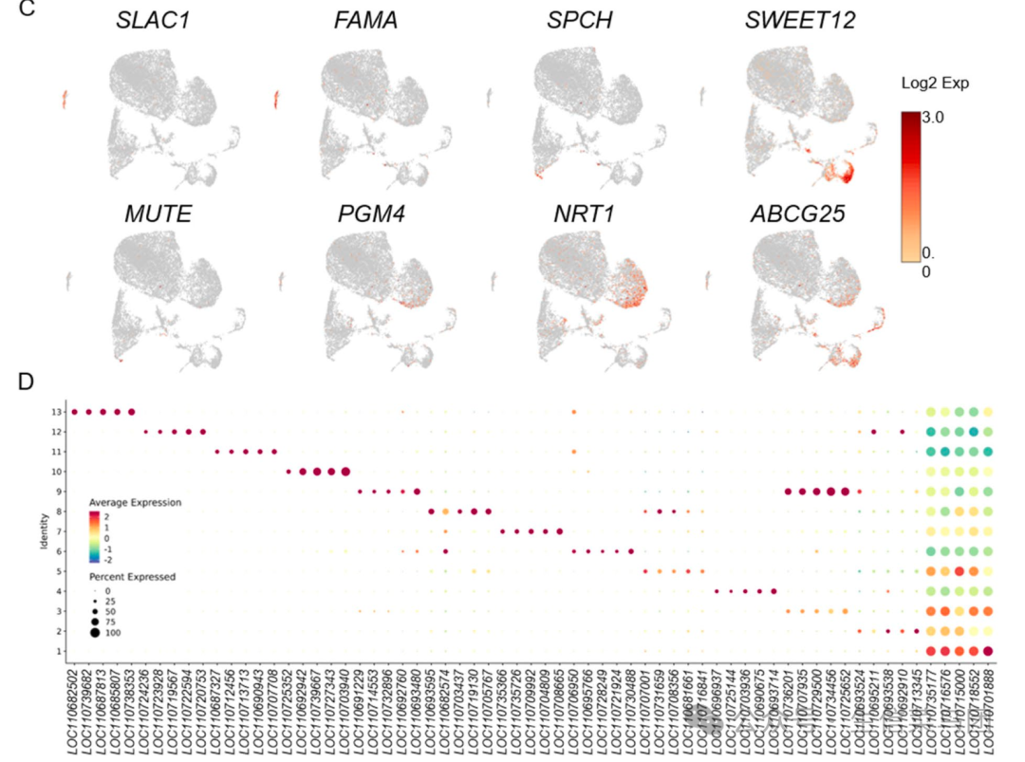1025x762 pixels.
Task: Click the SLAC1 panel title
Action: (x=151, y=20)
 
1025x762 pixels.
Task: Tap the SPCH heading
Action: (x=579, y=20)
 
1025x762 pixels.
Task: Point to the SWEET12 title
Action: (x=799, y=20)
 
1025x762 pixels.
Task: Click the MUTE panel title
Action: (x=158, y=214)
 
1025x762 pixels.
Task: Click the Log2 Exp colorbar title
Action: (x=935, y=84)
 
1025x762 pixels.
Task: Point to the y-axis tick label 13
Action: (x=58, y=412)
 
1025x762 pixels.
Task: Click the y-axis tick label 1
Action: (x=60, y=651)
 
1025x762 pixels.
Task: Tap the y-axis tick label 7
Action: (x=60, y=531)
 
